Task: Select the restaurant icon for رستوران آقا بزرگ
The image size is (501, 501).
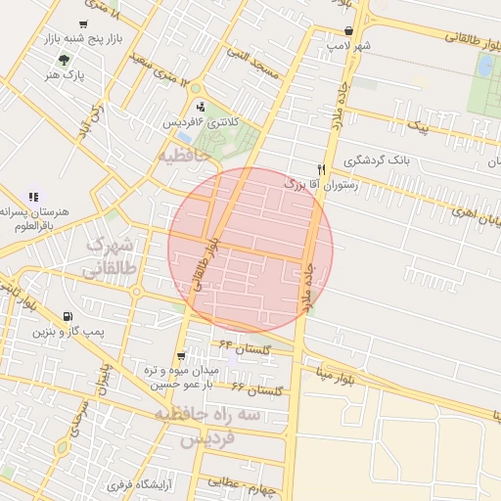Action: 320,168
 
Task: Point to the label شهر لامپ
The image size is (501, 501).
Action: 349,46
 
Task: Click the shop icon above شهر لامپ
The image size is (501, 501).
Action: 349,30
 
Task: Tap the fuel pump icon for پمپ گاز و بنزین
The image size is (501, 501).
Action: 67,316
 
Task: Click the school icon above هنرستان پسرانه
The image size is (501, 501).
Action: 34,197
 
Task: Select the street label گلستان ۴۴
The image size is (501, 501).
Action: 244,346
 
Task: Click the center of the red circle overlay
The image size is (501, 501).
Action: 250,250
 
